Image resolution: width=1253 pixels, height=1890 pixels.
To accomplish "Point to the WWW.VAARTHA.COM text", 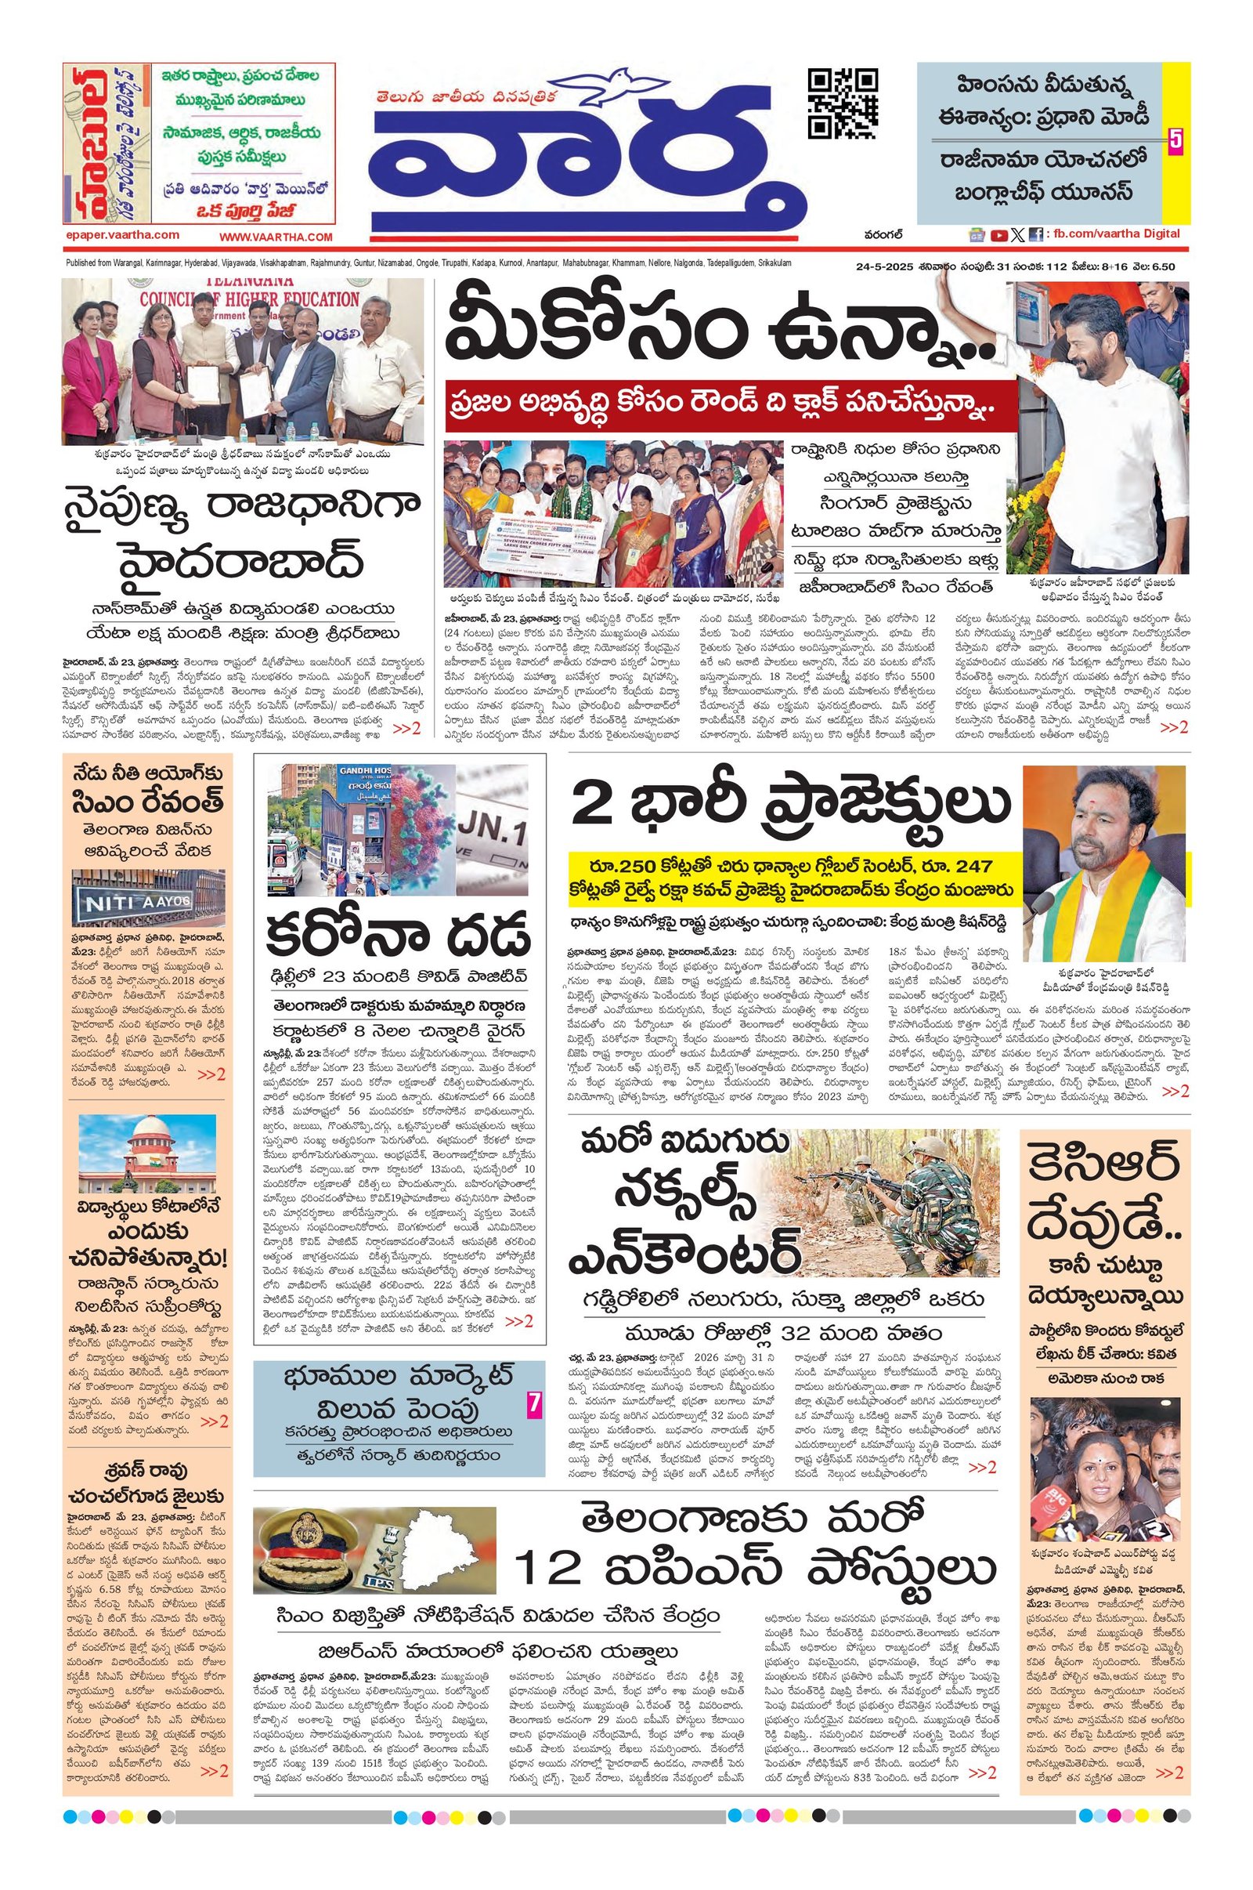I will click(x=276, y=237).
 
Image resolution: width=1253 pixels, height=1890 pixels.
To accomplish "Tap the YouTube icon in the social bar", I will click(x=998, y=235).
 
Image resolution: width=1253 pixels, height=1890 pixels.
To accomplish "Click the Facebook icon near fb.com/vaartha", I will click(x=1035, y=235).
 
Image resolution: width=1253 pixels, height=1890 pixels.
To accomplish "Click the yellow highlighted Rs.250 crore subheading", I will click(x=795, y=878).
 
